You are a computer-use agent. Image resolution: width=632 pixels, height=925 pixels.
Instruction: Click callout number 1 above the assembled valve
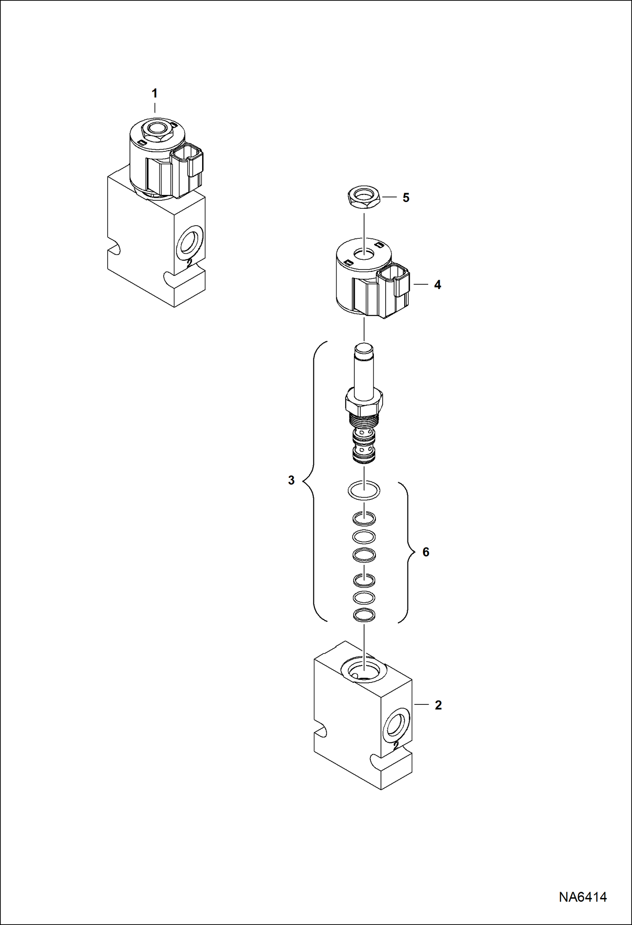tap(154, 93)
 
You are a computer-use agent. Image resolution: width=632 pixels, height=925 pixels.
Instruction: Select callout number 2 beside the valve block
tap(438, 705)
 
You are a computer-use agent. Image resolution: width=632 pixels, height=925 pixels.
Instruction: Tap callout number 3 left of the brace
tap(291, 480)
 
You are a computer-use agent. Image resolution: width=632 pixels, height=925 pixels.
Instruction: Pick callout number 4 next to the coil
tap(438, 285)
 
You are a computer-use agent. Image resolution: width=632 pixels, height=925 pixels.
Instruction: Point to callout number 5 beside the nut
tap(406, 198)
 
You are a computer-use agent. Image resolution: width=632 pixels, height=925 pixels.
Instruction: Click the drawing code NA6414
tap(583, 897)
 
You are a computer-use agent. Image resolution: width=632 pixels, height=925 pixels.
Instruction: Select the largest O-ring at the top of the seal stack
tap(364, 491)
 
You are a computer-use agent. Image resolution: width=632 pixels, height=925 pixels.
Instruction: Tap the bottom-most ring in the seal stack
tap(364, 615)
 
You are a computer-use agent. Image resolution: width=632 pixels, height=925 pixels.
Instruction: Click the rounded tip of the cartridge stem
tap(364, 349)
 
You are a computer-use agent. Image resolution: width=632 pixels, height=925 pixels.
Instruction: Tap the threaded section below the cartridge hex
tap(364, 421)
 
